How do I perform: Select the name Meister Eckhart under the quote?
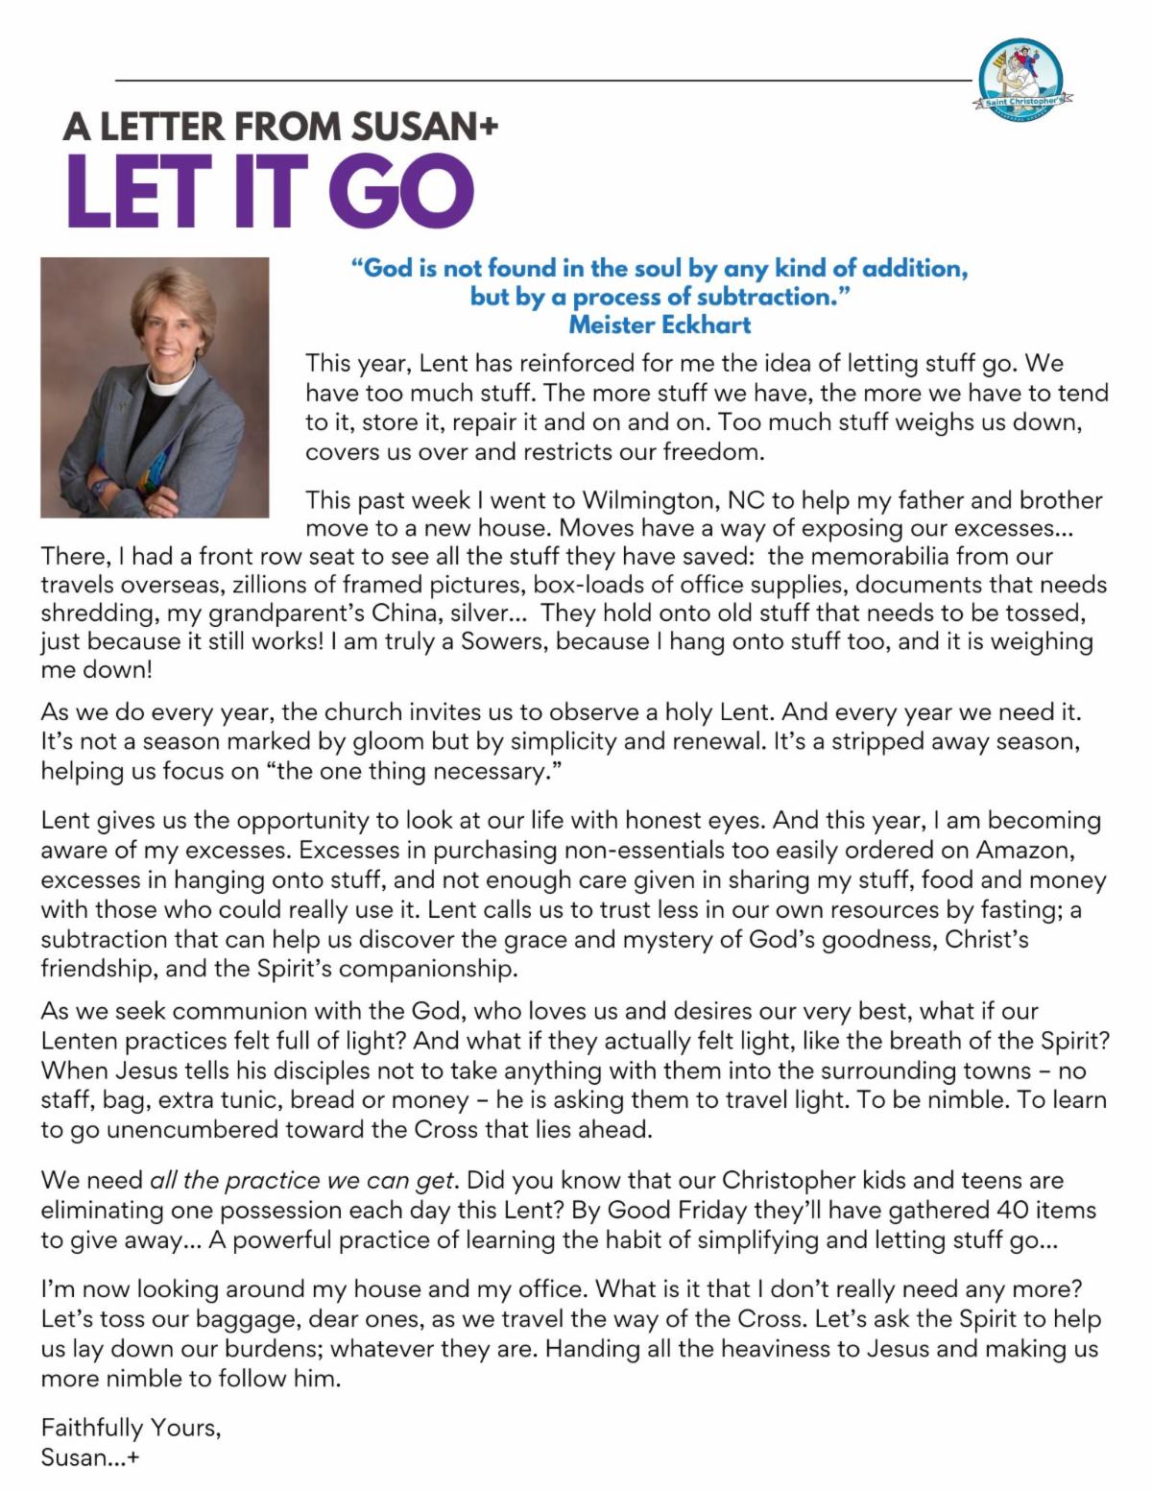660,325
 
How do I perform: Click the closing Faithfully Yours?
131,1428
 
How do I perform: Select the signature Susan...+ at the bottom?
90,1457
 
